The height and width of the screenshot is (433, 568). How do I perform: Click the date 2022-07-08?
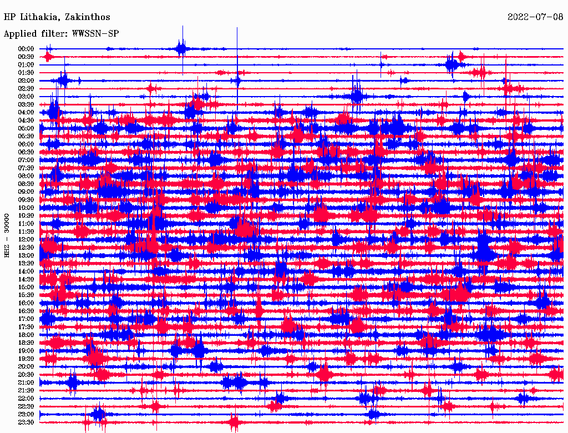tap(535, 17)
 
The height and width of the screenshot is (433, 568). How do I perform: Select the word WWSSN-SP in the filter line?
tap(95, 34)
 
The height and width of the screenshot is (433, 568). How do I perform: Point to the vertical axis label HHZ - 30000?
tap(7, 235)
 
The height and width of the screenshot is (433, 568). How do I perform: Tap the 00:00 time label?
tap(26, 49)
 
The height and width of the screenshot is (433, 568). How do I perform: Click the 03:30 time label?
tap(26, 104)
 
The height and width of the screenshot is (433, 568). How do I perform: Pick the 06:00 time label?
tap(26, 144)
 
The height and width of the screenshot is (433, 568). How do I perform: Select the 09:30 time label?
tap(26, 200)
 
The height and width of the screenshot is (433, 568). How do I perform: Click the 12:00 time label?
tap(26, 239)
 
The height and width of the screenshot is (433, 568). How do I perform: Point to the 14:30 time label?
tap(26, 279)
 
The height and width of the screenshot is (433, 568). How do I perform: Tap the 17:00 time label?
tap(26, 319)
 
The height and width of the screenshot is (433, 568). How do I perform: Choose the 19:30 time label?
tap(26, 359)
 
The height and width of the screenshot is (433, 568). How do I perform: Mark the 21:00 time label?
tap(26, 382)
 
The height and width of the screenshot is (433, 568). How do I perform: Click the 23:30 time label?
tap(26, 422)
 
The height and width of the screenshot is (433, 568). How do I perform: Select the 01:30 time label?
tap(26, 73)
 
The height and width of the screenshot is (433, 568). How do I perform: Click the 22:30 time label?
tap(26, 406)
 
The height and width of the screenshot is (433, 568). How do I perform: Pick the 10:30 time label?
tap(26, 215)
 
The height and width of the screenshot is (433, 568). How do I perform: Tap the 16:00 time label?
tap(26, 303)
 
